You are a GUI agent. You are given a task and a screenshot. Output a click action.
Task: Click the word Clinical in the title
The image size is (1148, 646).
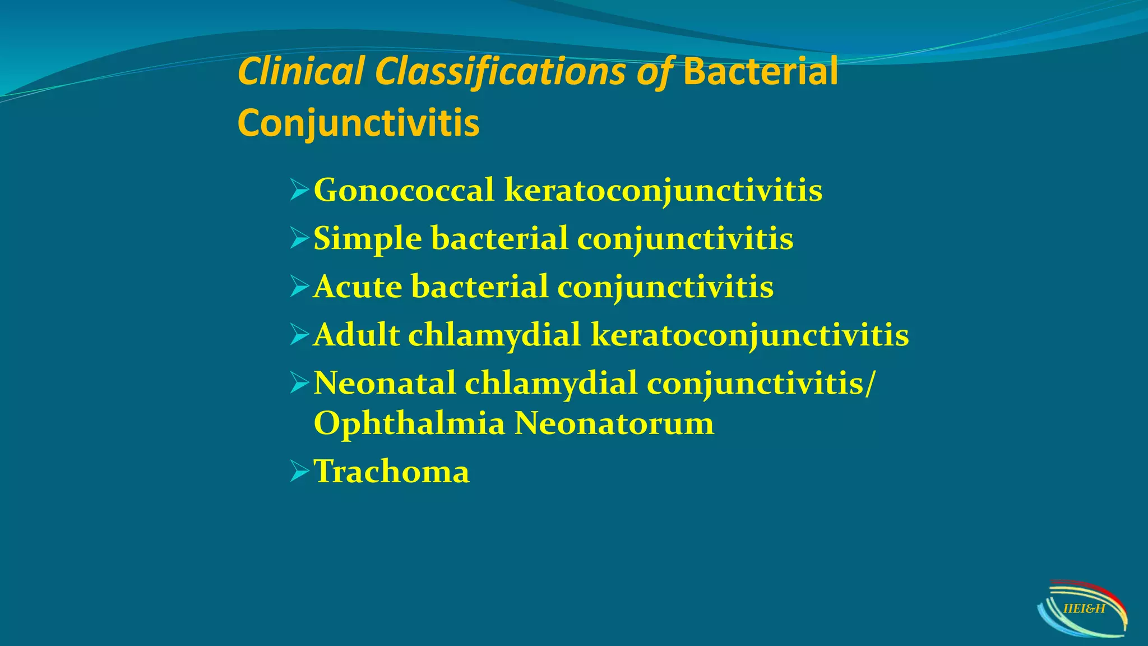click(x=301, y=72)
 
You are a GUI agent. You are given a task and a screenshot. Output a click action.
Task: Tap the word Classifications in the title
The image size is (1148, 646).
click(x=500, y=72)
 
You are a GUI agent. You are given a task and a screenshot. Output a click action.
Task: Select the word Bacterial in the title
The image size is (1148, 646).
click(x=761, y=72)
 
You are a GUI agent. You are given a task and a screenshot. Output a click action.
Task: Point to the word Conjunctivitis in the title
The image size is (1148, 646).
click(x=358, y=123)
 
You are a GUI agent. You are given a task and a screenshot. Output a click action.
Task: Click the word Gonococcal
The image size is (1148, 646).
click(x=404, y=190)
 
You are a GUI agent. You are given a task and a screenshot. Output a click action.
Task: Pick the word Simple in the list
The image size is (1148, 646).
click(x=367, y=239)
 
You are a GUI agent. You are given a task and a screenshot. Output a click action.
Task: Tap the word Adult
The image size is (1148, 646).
click(x=357, y=335)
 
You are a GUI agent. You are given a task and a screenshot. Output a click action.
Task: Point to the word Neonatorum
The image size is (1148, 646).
click(x=614, y=423)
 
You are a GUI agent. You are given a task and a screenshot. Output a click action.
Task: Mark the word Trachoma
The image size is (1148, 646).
click(x=391, y=472)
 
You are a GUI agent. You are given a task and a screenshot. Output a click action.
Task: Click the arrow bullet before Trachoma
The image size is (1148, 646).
click(x=299, y=472)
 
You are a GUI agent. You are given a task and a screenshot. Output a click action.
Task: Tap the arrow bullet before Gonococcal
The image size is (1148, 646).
click(x=299, y=191)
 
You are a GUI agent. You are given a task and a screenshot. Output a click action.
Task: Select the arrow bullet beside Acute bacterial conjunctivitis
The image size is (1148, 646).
click(x=299, y=287)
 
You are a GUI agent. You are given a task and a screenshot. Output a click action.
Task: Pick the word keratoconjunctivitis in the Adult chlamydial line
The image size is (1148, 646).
click(x=749, y=335)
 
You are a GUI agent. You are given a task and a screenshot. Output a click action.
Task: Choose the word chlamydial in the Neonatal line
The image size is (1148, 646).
click(x=550, y=384)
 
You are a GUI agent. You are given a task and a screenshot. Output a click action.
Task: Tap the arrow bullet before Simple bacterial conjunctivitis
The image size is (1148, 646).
click(x=299, y=239)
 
